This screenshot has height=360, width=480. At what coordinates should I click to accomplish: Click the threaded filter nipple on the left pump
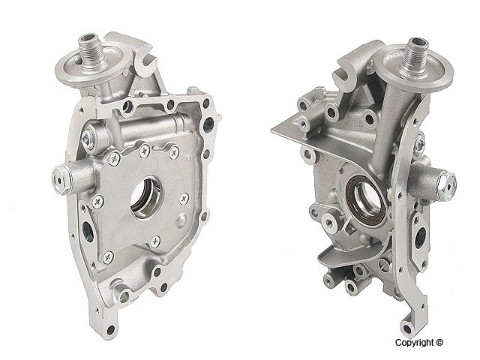[91, 51]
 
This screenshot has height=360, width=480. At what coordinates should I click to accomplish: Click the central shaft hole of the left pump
[146, 196]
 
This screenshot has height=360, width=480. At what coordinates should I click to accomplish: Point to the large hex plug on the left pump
[61, 180]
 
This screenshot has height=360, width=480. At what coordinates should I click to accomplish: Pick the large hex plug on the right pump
[446, 186]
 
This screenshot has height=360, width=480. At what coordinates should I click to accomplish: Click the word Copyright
[415, 343]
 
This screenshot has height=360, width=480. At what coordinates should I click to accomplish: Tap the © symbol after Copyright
[439, 343]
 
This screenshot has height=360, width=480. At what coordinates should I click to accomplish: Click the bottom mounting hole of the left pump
[110, 330]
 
